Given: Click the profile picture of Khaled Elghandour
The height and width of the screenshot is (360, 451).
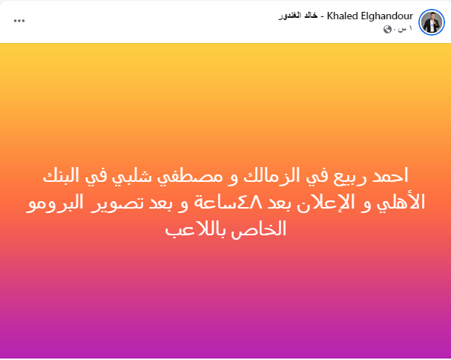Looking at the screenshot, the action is tap(432, 22).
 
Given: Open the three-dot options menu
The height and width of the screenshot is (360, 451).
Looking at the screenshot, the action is tap(19, 21).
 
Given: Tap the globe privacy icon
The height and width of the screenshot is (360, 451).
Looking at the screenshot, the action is tap(387, 29).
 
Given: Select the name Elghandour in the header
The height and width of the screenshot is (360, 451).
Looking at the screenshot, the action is tap(387, 16).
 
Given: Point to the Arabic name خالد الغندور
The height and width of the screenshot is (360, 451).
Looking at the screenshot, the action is tap(297, 16).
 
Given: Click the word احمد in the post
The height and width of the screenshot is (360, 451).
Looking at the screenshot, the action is tap(390, 175).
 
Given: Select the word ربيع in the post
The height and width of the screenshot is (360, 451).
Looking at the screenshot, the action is tap(350, 177).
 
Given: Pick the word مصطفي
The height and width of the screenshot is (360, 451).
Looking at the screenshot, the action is tap(190, 177).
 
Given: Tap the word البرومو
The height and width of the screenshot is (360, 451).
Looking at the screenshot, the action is tap(55, 203).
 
